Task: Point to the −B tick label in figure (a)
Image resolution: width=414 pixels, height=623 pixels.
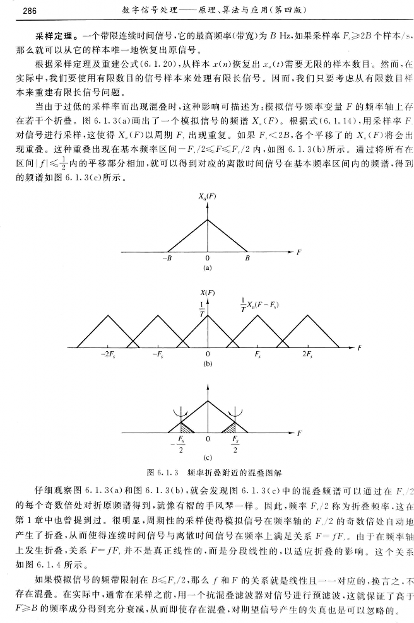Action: [x=167, y=258]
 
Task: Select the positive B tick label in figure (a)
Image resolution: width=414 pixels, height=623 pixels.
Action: [x=247, y=258]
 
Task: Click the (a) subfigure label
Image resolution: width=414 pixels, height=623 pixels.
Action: [x=206, y=268]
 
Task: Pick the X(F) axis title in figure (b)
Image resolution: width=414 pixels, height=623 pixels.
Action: [x=206, y=293]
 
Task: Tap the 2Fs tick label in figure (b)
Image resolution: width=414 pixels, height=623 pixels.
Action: [x=307, y=355]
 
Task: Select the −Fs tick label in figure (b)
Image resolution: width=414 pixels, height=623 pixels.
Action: [x=158, y=355]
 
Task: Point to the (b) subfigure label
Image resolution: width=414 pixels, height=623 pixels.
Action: [x=206, y=364]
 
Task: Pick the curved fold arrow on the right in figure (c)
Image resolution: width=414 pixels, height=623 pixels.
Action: [x=239, y=412]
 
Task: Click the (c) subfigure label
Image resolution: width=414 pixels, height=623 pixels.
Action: [x=206, y=458]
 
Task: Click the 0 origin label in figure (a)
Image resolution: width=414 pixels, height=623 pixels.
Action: [x=207, y=258]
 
